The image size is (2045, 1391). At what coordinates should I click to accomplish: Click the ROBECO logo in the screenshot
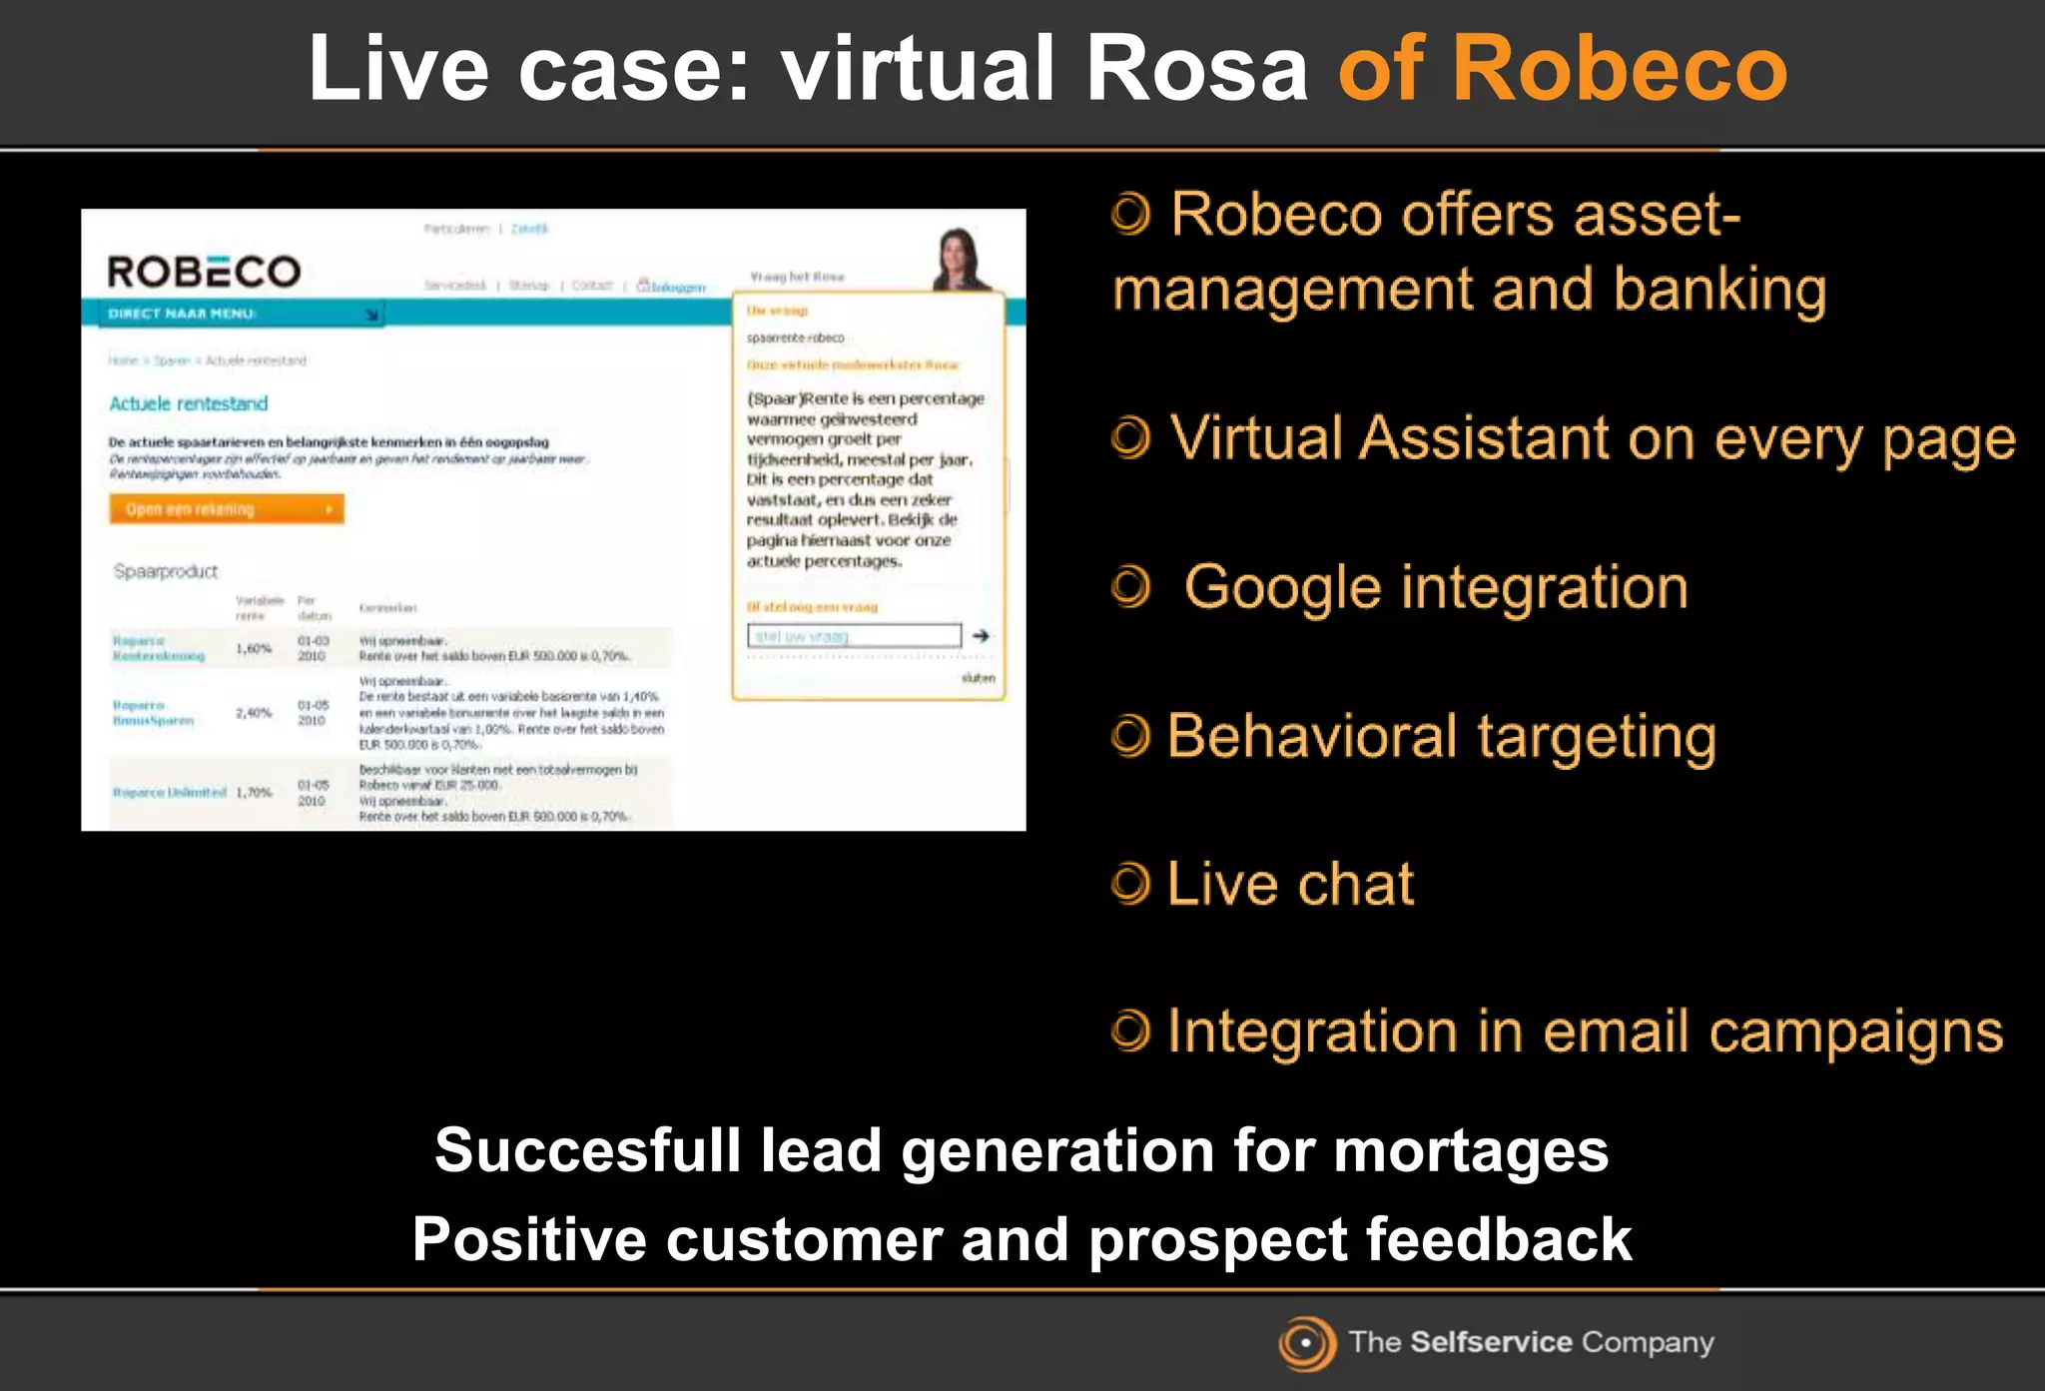pyautogui.click(x=204, y=272)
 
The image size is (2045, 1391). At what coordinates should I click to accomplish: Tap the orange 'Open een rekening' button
pyautogui.click(x=227, y=509)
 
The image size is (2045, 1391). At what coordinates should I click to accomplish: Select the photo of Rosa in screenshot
pyautogui.click(x=961, y=259)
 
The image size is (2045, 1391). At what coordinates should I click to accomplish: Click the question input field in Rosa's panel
pyautogui.click(x=854, y=636)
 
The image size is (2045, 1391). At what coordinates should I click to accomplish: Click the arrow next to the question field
pyautogui.click(x=982, y=636)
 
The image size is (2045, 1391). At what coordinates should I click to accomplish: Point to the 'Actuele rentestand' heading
pyautogui.click(x=189, y=403)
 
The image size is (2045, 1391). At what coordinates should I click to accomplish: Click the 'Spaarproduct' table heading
pyautogui.click(x=166, y=571)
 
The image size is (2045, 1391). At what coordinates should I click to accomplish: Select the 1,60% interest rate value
pyautogui.click(x=254, y=649)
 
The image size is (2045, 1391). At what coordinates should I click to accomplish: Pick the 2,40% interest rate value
pyautogui.click(x=254, y=713)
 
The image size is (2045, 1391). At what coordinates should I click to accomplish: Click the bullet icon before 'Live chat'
pyautogui.click(x=1130, y=884)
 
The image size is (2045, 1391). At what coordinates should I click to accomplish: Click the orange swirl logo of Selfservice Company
pyautogui.click(x=1306, y=1343)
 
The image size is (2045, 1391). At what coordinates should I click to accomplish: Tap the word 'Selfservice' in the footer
pyautogui.click(x=1491, y=1342)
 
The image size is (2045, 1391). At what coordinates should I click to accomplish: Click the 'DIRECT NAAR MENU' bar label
pyautogui.click(x=182, y=314)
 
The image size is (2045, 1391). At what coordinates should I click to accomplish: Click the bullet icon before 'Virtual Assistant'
pyautogui.click(x=1130, y=438)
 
